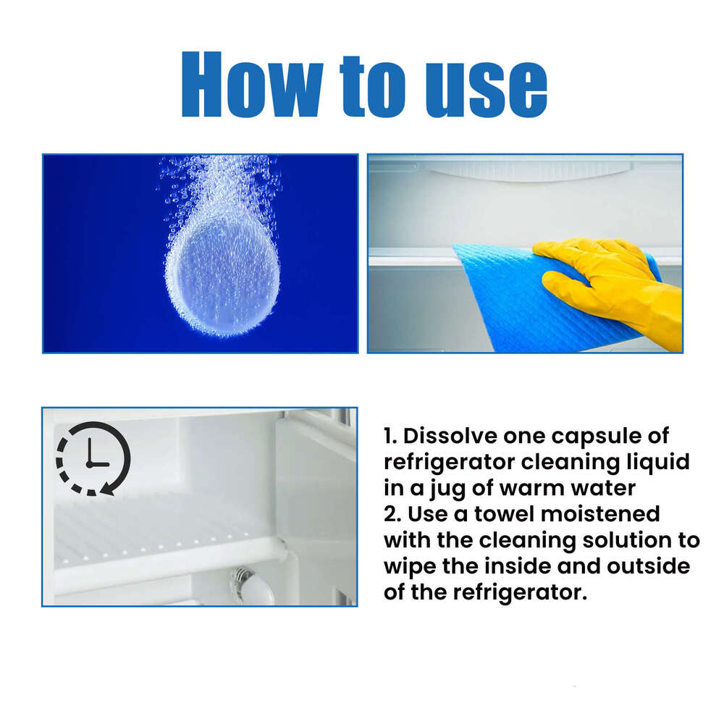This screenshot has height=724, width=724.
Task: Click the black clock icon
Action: pos(93,458)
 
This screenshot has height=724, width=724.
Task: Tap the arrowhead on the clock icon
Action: pos(107,489)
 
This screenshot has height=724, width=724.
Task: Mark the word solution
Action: pos(641,540)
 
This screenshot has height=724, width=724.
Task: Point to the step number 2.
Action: pos(390,514)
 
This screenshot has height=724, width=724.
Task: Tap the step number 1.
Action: pos(389,437)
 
